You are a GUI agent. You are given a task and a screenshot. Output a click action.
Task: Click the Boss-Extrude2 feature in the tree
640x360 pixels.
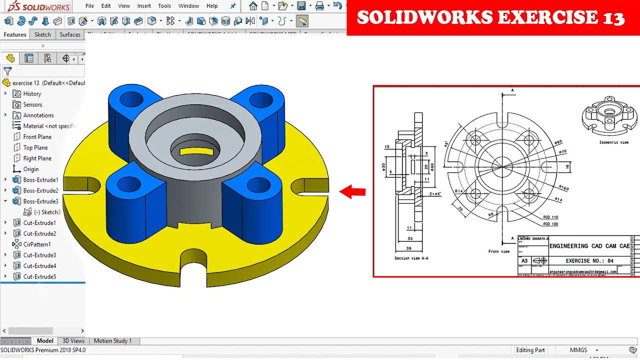click(x=40, y=190)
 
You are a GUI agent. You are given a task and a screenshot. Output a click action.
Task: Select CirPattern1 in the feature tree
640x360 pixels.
click(x=36, y=244)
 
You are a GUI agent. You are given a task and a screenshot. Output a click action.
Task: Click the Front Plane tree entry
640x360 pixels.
click(x=37, y=136)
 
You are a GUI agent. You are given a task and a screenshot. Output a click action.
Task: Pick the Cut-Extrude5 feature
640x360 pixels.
click(x=39, y=276)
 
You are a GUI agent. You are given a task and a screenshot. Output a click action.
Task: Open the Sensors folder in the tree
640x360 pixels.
click(x=32, y=104)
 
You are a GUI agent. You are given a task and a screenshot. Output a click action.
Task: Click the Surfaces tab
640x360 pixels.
click(x=70, y=34)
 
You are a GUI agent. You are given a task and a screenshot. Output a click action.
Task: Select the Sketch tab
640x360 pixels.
click(x=42, y=34)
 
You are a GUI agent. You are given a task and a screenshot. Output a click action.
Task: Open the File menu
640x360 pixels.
click(x=89, y=6)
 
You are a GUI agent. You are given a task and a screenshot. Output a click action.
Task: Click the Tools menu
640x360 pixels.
click(x=164, y=6)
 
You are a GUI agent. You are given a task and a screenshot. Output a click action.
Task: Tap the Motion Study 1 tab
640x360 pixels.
click(x=112, y=341)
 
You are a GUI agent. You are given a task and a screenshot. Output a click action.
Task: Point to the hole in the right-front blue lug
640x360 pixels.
click(x=258, y=185)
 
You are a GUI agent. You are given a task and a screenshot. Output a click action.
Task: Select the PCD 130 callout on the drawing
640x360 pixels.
click(x=550, y=224)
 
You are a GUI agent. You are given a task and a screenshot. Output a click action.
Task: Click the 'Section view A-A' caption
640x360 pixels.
click(x=411, y=258)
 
